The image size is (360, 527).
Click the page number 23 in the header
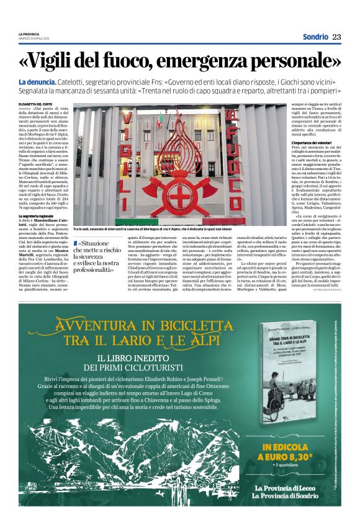coord(336,37)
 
